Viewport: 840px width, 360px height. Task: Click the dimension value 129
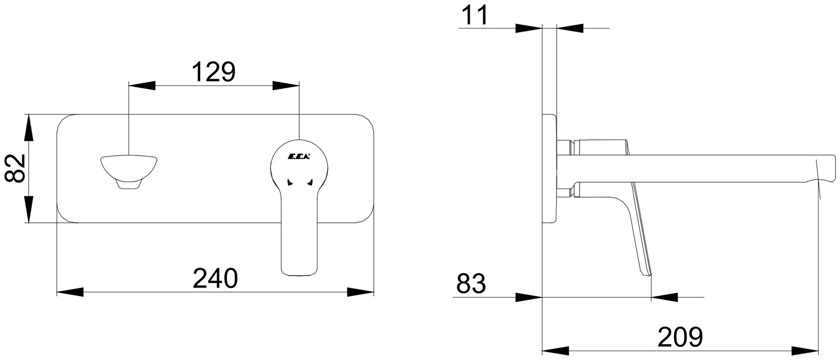(x=213, y=72)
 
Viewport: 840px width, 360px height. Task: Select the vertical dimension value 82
(x=16, y=168)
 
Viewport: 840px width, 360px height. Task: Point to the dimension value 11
(x=475, y=16)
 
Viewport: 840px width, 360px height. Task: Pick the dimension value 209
(x=680, y=337)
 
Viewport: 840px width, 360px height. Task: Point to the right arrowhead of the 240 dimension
(x=361, y=292)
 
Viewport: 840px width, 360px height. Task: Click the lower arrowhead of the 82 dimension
(x=29, y=210)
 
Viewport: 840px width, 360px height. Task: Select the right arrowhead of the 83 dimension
(x=664, y=297)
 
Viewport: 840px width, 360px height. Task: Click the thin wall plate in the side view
(x=549, y=168)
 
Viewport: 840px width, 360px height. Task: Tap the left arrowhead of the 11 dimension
(x=529, y=28)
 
